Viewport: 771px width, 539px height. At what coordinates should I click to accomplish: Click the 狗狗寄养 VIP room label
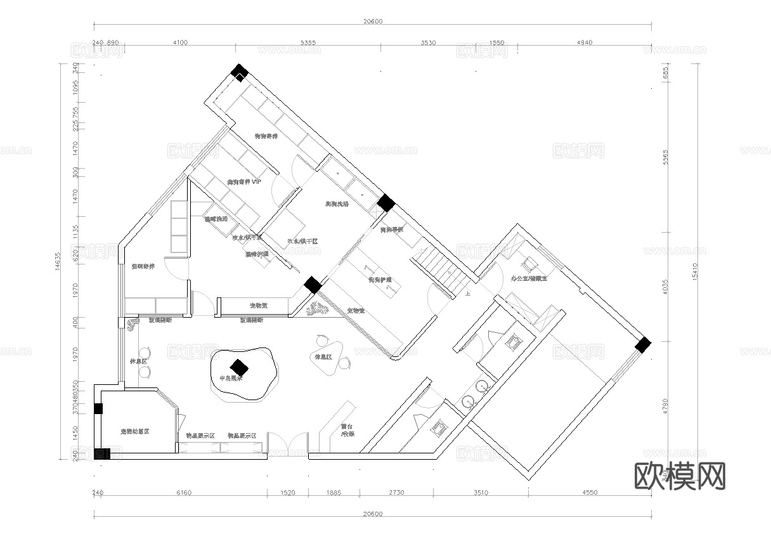click(244, 182)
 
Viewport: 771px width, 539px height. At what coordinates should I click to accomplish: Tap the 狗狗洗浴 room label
click(337, 204)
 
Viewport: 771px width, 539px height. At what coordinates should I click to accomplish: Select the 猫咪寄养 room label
click(143, 266)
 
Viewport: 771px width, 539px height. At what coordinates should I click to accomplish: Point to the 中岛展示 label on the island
click(231, 379)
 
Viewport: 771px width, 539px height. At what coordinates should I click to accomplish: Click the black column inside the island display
click(239, 367)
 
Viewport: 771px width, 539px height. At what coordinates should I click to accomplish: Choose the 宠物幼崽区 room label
click(134, 431)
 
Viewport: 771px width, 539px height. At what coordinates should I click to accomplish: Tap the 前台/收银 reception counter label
click(347, 430)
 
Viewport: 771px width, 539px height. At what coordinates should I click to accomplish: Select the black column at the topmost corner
click(240, 72)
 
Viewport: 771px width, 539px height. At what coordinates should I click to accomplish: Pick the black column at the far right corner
click(643, 345)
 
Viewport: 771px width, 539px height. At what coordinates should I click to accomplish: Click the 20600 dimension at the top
click(373, 21)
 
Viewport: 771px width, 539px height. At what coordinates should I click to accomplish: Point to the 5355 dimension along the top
click(308, 43)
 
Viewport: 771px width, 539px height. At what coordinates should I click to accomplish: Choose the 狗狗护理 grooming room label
click(380, 280)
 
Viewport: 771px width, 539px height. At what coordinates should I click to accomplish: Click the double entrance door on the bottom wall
click(288, 445)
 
